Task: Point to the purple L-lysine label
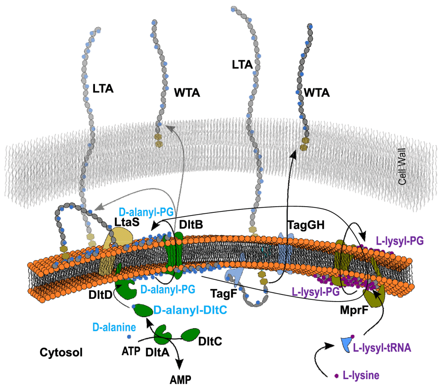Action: pyautogui.click(x=361, y=376)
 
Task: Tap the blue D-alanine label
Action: pyautogui.click(x=113, y=328)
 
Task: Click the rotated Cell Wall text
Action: pyautogui.click(x=403, y=172)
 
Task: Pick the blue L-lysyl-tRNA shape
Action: pyautogui.click(x=345, y=343)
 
